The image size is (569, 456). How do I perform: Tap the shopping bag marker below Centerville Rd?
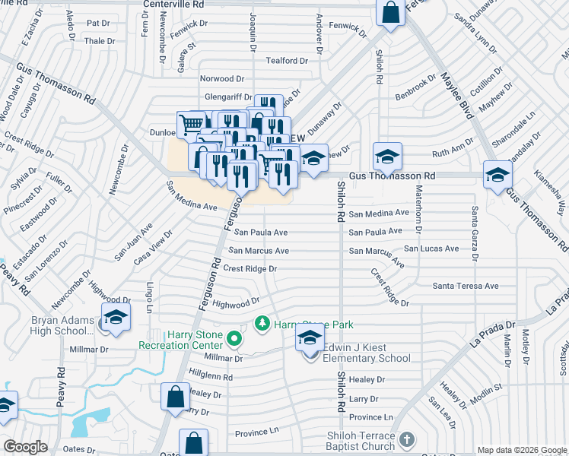(390, 13)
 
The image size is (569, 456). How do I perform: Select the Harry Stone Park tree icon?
(262, 324)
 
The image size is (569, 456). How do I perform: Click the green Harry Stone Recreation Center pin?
(234, 338)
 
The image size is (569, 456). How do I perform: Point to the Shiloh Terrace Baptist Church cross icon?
(407, 440)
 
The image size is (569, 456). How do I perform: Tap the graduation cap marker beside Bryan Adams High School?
(116, 318)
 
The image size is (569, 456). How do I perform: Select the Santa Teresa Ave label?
(465, 286)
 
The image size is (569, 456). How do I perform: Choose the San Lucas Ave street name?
(431, 249)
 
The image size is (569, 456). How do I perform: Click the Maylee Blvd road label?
(454, 94)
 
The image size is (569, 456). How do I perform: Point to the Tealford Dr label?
(287, 61)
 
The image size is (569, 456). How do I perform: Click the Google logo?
(26, 447)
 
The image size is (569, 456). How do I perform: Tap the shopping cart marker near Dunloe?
(191, 123)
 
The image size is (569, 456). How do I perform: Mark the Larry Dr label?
(364, 398)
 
